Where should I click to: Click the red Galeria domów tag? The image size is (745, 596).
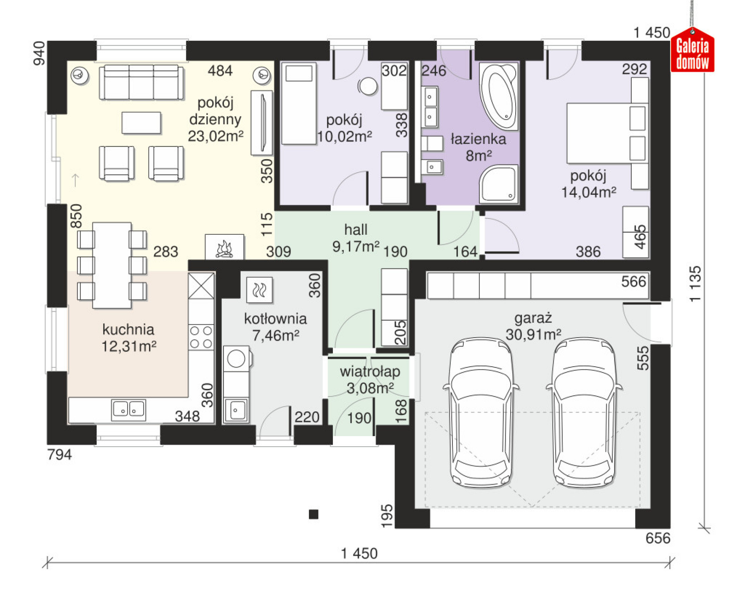[x=693, y=50]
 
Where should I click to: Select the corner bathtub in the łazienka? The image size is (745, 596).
[x=499, y=96]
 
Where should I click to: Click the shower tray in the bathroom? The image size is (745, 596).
[x=499, y=184]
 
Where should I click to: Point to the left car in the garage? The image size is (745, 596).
[x=481, y=412]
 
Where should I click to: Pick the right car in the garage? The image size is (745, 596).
[x=584, y=412]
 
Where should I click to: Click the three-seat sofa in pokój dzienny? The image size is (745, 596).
[x=141, y=82]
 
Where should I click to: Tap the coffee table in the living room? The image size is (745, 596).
[x=141, y=123]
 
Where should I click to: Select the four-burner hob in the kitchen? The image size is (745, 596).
[x=201, y=337]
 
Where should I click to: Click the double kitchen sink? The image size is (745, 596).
[x=128, y=410]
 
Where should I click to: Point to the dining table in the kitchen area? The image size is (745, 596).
[x=112, y=265]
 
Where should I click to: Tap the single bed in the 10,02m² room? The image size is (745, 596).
[x=298, y=103]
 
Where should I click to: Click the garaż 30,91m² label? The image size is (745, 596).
[x=533, y=326]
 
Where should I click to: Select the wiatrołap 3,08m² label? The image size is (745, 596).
[x=370, y=379]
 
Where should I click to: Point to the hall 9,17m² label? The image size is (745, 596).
[x=356, y=238]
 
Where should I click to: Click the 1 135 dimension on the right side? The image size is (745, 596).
[x=695, y=284]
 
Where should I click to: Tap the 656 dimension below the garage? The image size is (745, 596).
[x=658, y=538]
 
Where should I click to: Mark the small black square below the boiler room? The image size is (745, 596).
[x=314, y=515]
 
